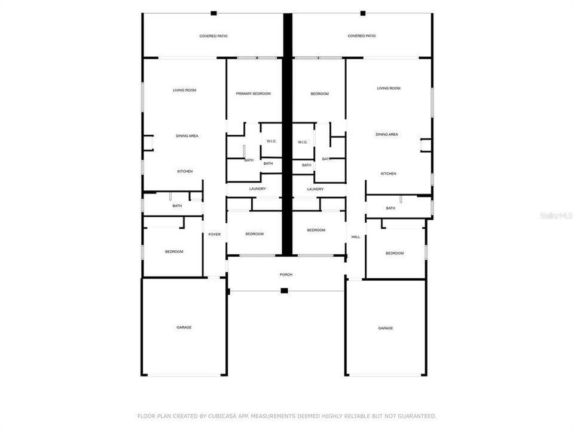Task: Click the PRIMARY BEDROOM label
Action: [253, 94]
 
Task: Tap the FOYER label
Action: [214, 234]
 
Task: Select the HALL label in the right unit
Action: [356, 237]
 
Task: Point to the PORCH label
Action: [286, 275]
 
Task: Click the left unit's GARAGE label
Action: [184, 327]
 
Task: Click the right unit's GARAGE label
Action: [386, 328]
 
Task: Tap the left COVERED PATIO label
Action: [213, 36]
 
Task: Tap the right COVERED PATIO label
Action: [362, 36]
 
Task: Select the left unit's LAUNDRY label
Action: [258, 189]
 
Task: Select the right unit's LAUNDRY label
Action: [315, 189]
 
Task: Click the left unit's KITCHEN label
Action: [185, 172]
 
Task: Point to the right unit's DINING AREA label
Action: [387, 135]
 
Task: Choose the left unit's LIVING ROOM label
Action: [185, 90]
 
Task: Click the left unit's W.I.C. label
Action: [271, 141]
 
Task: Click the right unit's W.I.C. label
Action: [303, 142]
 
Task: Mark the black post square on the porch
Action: [285, 291]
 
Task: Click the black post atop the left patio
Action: [213, 13]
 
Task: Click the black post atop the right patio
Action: [362, 13]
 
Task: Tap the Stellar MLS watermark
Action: [556, 215]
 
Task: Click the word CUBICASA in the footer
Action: [214, 415]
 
